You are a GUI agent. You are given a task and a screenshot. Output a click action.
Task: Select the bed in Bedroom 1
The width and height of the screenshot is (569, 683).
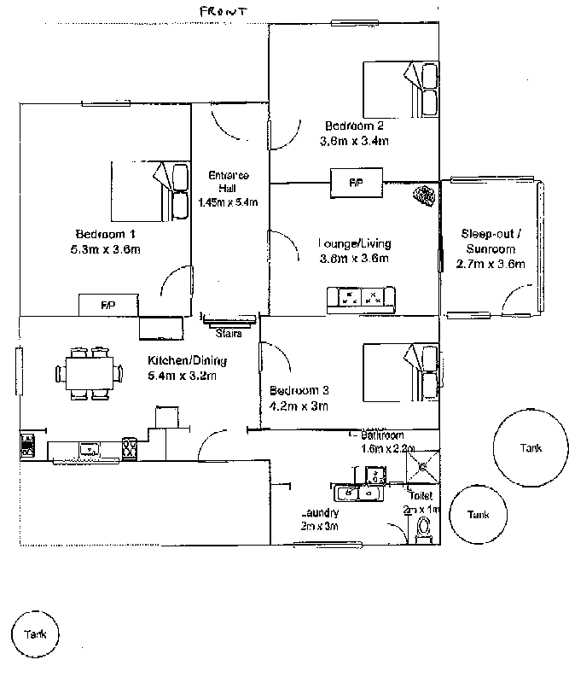click(150, 191)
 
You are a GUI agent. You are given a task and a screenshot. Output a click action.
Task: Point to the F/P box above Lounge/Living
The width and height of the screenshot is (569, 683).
click(354, 182)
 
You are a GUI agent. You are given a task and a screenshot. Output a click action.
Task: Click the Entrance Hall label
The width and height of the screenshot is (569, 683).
click(229, 181)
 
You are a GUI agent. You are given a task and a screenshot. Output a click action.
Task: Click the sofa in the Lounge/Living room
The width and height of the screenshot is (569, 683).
click(361, 298)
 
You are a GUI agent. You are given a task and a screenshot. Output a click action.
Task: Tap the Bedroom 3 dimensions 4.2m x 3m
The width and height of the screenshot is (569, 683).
click(299, 406)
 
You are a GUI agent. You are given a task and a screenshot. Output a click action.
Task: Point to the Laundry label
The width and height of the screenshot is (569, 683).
click(320, 513)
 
